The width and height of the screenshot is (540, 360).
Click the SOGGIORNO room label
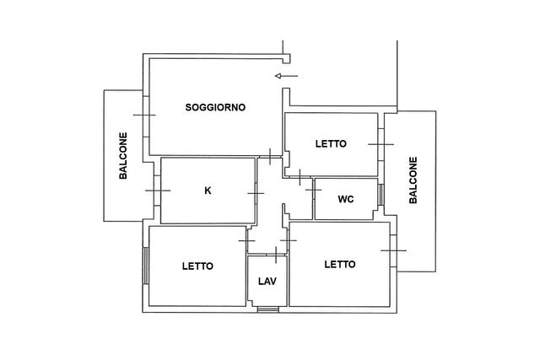tap(215, 107)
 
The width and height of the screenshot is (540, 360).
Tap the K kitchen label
tap(208, 191)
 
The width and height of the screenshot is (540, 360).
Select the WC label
tap(346, 199)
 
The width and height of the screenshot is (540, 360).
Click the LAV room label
tap(267, 282)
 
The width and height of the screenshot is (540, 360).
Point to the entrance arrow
tap(286, 76)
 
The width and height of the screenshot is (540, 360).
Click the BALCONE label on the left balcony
tap(123, 156)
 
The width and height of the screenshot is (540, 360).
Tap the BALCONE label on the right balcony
tap(413, 180)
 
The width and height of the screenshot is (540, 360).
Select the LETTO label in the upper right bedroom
tap(331, 144)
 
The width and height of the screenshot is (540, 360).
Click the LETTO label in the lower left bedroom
tap(197, 266)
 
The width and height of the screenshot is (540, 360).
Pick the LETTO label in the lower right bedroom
tap(340, 265)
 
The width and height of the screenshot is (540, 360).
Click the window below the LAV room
tap(268, 309)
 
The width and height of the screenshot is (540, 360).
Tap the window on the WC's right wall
tap(381, 195)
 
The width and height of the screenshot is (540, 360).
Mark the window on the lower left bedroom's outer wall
tap(146, 266)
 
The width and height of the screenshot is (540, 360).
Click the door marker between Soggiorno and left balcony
tap(144, 115)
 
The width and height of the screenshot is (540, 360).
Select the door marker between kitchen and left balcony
tap(158, 191)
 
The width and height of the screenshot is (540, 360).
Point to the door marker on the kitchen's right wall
tap(256, 193)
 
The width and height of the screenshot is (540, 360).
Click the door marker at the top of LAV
tap(276, 255)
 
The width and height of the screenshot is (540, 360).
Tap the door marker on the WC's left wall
tap(313, 190)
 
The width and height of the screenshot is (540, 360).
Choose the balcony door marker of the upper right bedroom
tap(381, 144)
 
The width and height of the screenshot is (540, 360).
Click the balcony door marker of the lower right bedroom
tap(393, 250)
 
